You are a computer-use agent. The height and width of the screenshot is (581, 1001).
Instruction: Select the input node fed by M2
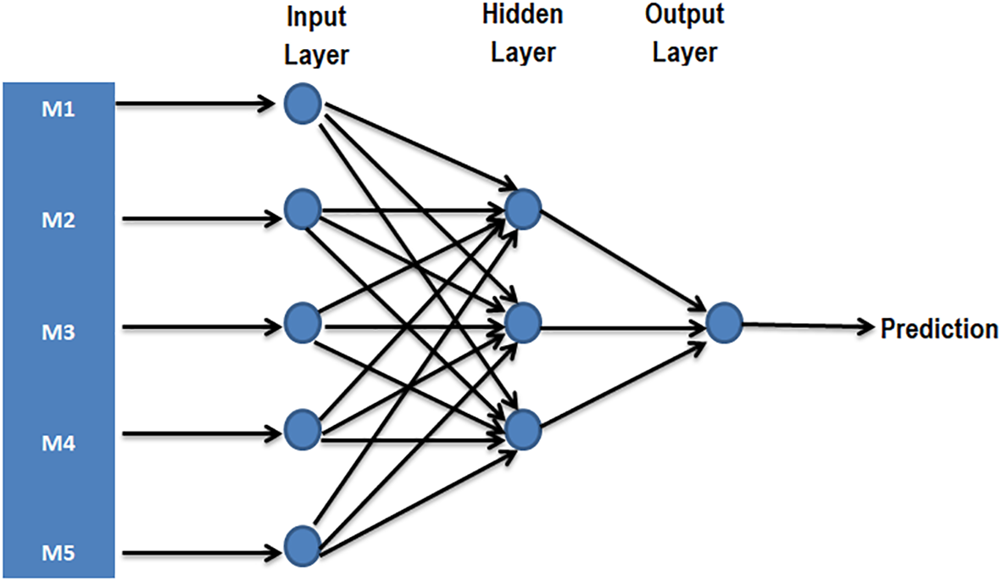pyautogui.click(x=302, y=209)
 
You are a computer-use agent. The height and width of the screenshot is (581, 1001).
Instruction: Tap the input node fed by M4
pyautogui.click(x=302, y=431)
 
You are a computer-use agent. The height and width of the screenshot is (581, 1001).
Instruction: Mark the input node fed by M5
pyautogui.click(x=302, y=545)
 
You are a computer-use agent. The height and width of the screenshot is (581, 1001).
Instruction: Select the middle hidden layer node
pyautogui.click(x=522, y=322)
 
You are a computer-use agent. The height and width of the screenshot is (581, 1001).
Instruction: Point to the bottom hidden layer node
pyautogui.click(x=522, y=429)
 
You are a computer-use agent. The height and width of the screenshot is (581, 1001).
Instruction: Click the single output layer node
pyautogui.click(x=724, y=323)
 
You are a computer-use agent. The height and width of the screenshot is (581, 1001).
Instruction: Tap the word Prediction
pyautogui.click(x=939, y=328)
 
